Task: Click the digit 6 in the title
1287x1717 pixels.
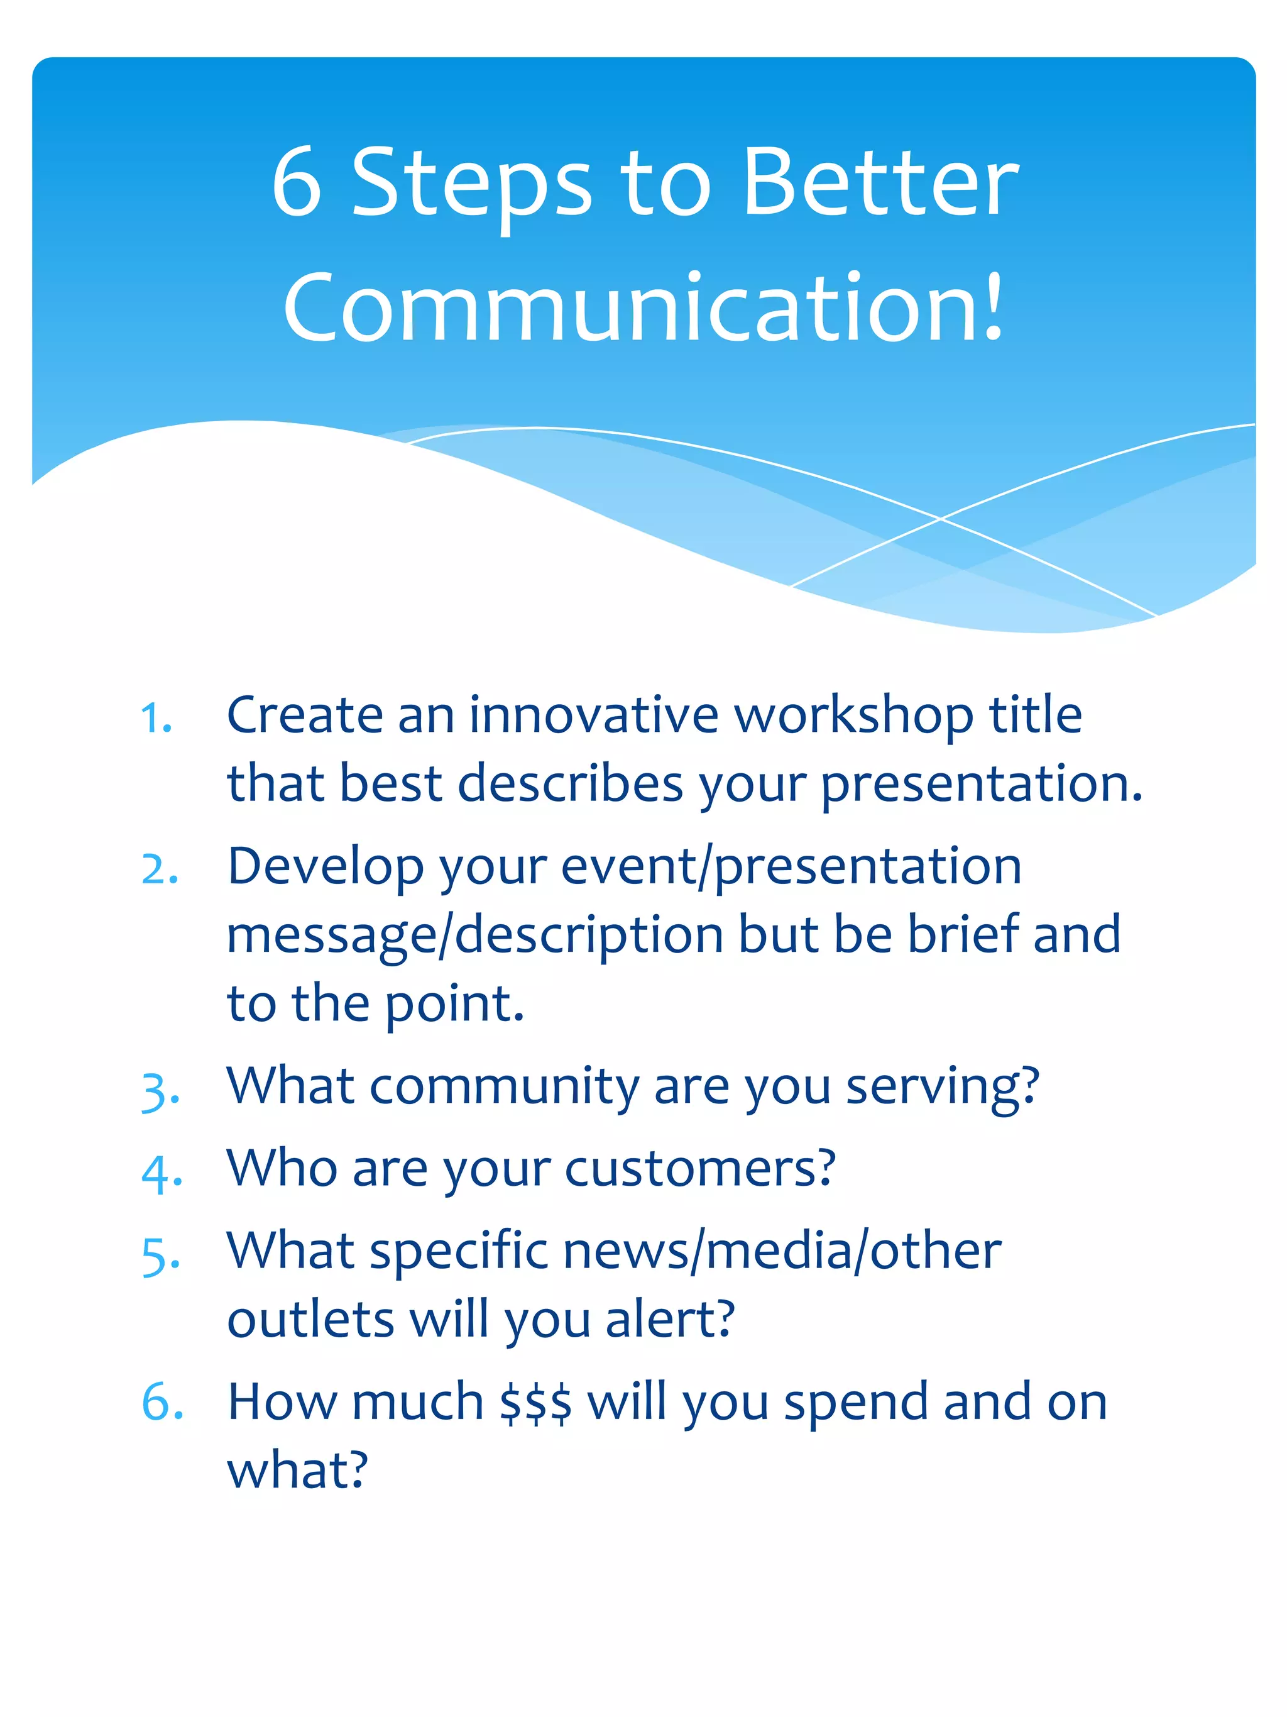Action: (297, 183)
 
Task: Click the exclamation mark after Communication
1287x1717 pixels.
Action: (992, 307)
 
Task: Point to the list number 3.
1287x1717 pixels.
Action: (158, 1090)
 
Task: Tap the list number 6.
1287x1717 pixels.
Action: (161, 1402)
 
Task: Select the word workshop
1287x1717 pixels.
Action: (853, 715)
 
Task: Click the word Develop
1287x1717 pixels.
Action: (326, 868)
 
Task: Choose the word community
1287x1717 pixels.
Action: (504, 1086)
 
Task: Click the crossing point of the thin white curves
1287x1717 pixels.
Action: (940, 517)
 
